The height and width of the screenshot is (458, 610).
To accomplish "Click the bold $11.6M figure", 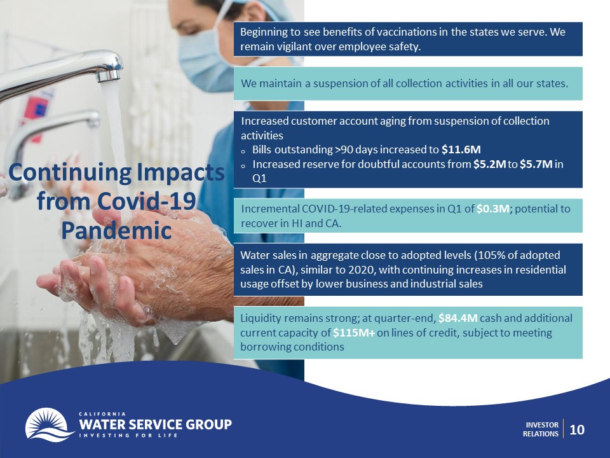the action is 461,149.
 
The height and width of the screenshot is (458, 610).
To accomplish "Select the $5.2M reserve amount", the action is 489,164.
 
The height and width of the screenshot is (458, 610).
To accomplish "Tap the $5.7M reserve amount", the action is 536,164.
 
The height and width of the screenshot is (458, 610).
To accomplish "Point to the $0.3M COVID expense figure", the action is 492,209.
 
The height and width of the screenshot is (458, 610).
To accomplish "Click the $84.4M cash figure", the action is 458,318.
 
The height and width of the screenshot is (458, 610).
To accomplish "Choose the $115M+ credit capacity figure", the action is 354,333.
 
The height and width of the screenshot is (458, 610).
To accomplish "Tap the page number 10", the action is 577,429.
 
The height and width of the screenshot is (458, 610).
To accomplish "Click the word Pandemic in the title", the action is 116,230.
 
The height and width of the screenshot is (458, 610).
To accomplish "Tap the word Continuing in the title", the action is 70,172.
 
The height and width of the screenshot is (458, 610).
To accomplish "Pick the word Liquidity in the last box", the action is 261,319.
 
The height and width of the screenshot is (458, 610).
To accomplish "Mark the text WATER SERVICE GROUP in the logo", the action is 155,424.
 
